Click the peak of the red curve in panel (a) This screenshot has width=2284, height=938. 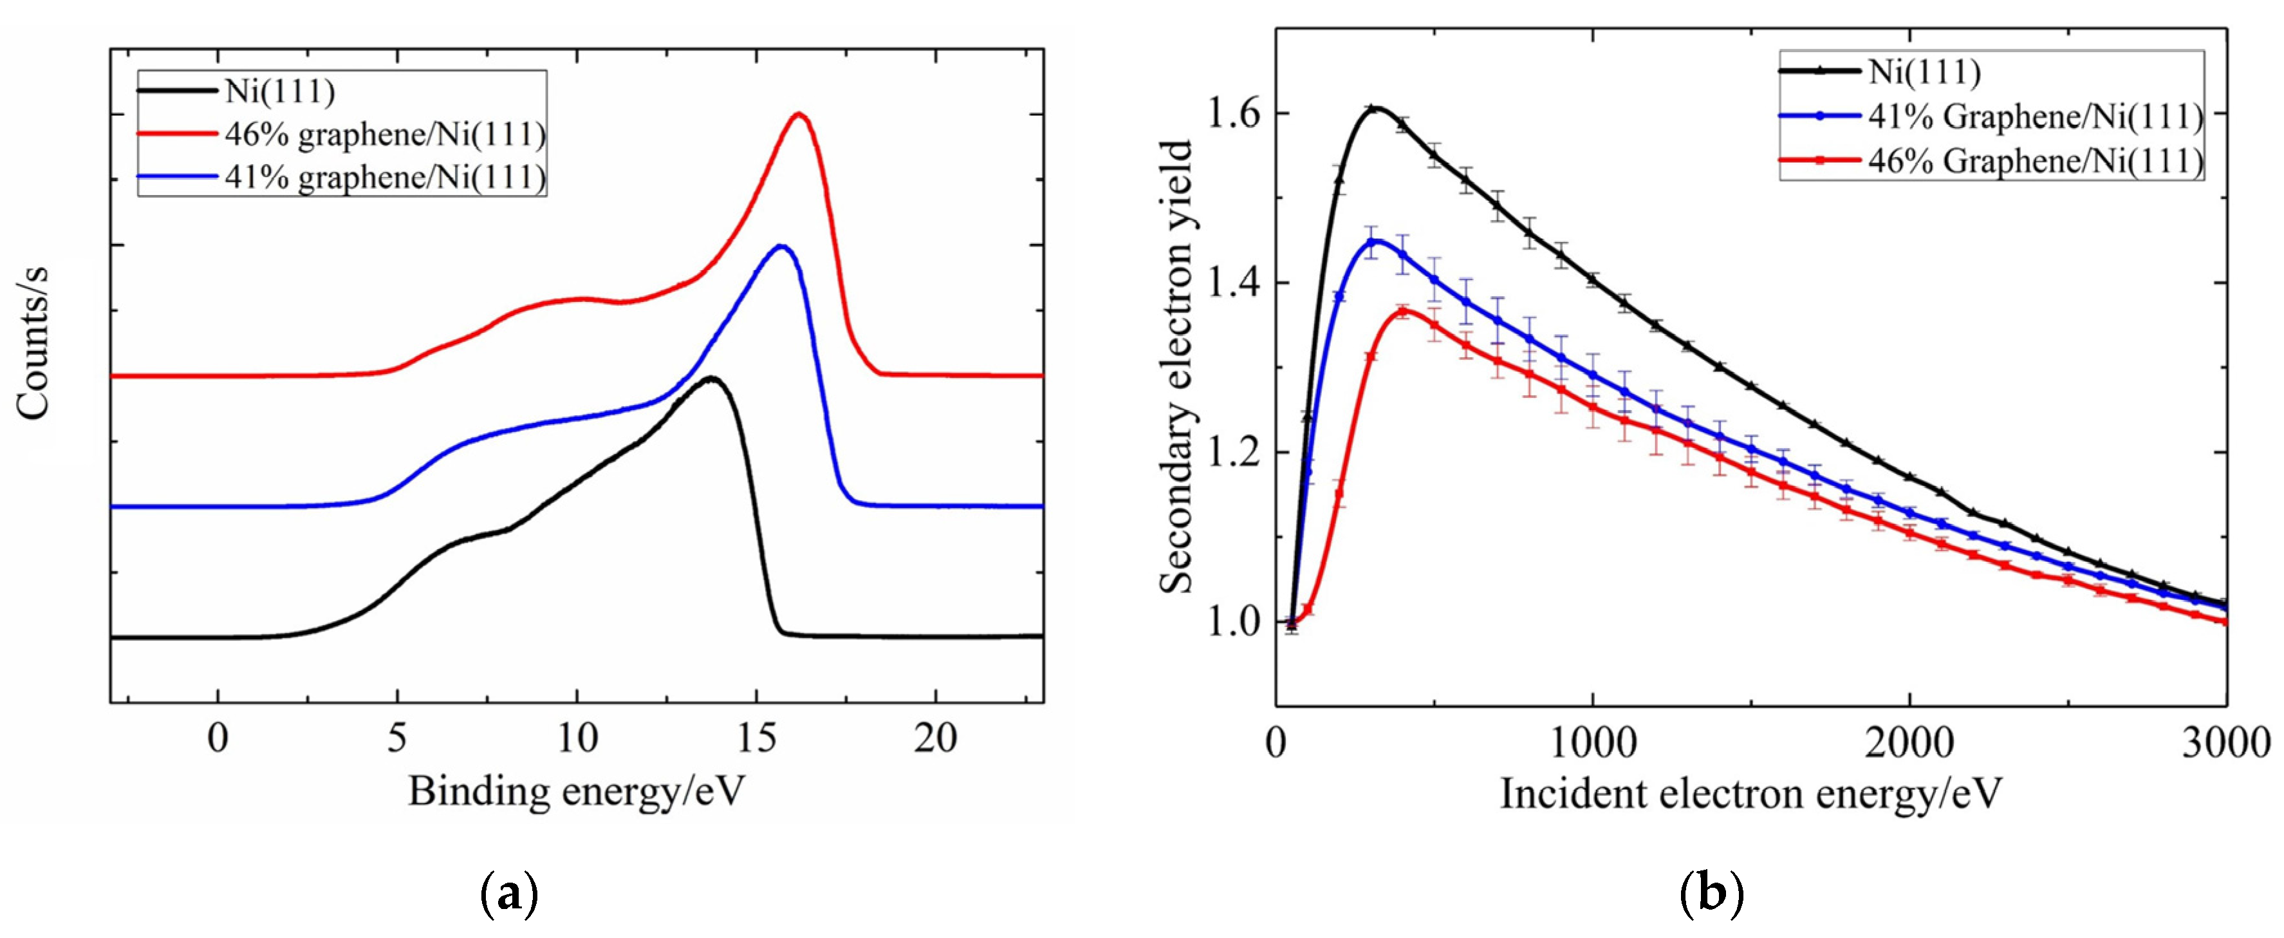800,115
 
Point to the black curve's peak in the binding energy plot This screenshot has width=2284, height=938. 711,378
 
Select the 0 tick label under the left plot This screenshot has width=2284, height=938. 218,738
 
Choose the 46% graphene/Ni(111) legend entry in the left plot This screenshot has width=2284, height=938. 385,134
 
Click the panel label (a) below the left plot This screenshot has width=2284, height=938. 508,896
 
